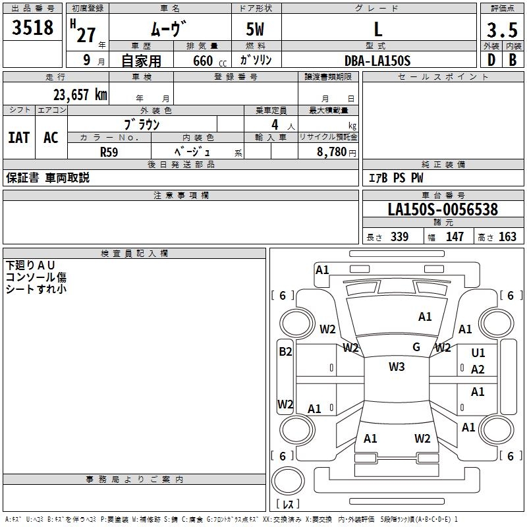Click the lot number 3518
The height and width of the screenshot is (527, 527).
(x=32, y=28)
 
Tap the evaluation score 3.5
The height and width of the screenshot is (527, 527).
(x=502, y=30)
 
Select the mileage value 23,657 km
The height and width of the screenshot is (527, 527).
(x=80, y=95)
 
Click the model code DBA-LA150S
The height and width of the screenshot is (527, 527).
(x=377, y=61)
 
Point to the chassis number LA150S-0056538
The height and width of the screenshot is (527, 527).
(x=443, y=209)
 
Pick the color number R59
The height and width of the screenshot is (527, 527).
(x=109, y=152)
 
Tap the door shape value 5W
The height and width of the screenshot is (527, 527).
(x=255, y=29)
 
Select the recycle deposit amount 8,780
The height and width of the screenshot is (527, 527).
(x=332, y=152)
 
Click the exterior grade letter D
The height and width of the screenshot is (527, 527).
(x=491, y=60)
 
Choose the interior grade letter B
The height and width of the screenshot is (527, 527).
(x=513, y=60)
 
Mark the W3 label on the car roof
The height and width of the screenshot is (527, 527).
(x=397, y=367)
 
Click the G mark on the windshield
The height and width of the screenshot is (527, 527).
(x=416, y=347)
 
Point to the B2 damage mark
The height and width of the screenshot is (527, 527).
(x=285, y=352)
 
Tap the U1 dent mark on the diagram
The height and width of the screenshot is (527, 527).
(x=478, y=353)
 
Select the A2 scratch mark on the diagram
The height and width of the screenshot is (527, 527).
(x=478, y=370)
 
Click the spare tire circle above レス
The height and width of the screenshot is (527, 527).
(x=288, y=480)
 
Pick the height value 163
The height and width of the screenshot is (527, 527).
(x=507, y=236)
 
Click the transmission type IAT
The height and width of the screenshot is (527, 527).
(x=19, y=138)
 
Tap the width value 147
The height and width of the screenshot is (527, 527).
(x=455, y=236)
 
